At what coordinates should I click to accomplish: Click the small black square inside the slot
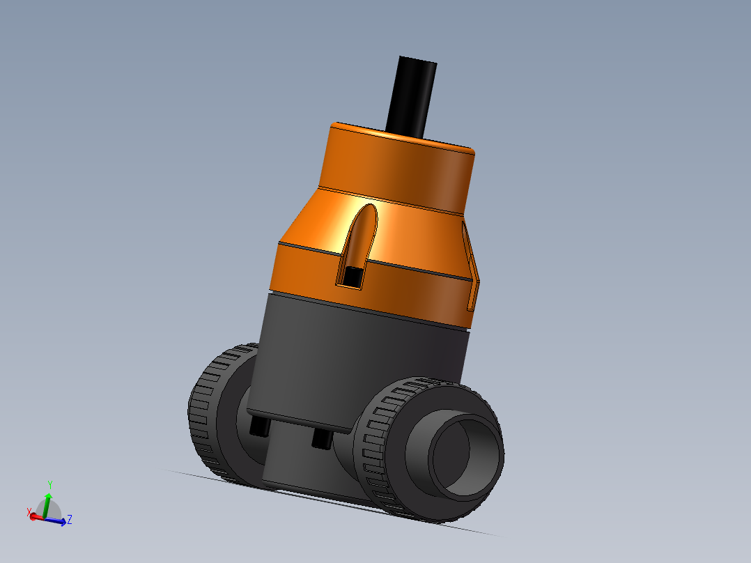coord(354,277)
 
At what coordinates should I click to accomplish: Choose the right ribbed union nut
coord(380,453)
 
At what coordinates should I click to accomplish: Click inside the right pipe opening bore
coord(460,456)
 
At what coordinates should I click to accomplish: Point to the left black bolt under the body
coord(260,426)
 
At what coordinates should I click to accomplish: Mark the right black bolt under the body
coord(321,439)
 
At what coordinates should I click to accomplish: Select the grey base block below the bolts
coord(300,467)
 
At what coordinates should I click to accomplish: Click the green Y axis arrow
coord(47,500)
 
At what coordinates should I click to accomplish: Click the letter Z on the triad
coord(70,519)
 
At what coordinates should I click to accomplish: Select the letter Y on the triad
coord(50,484)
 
